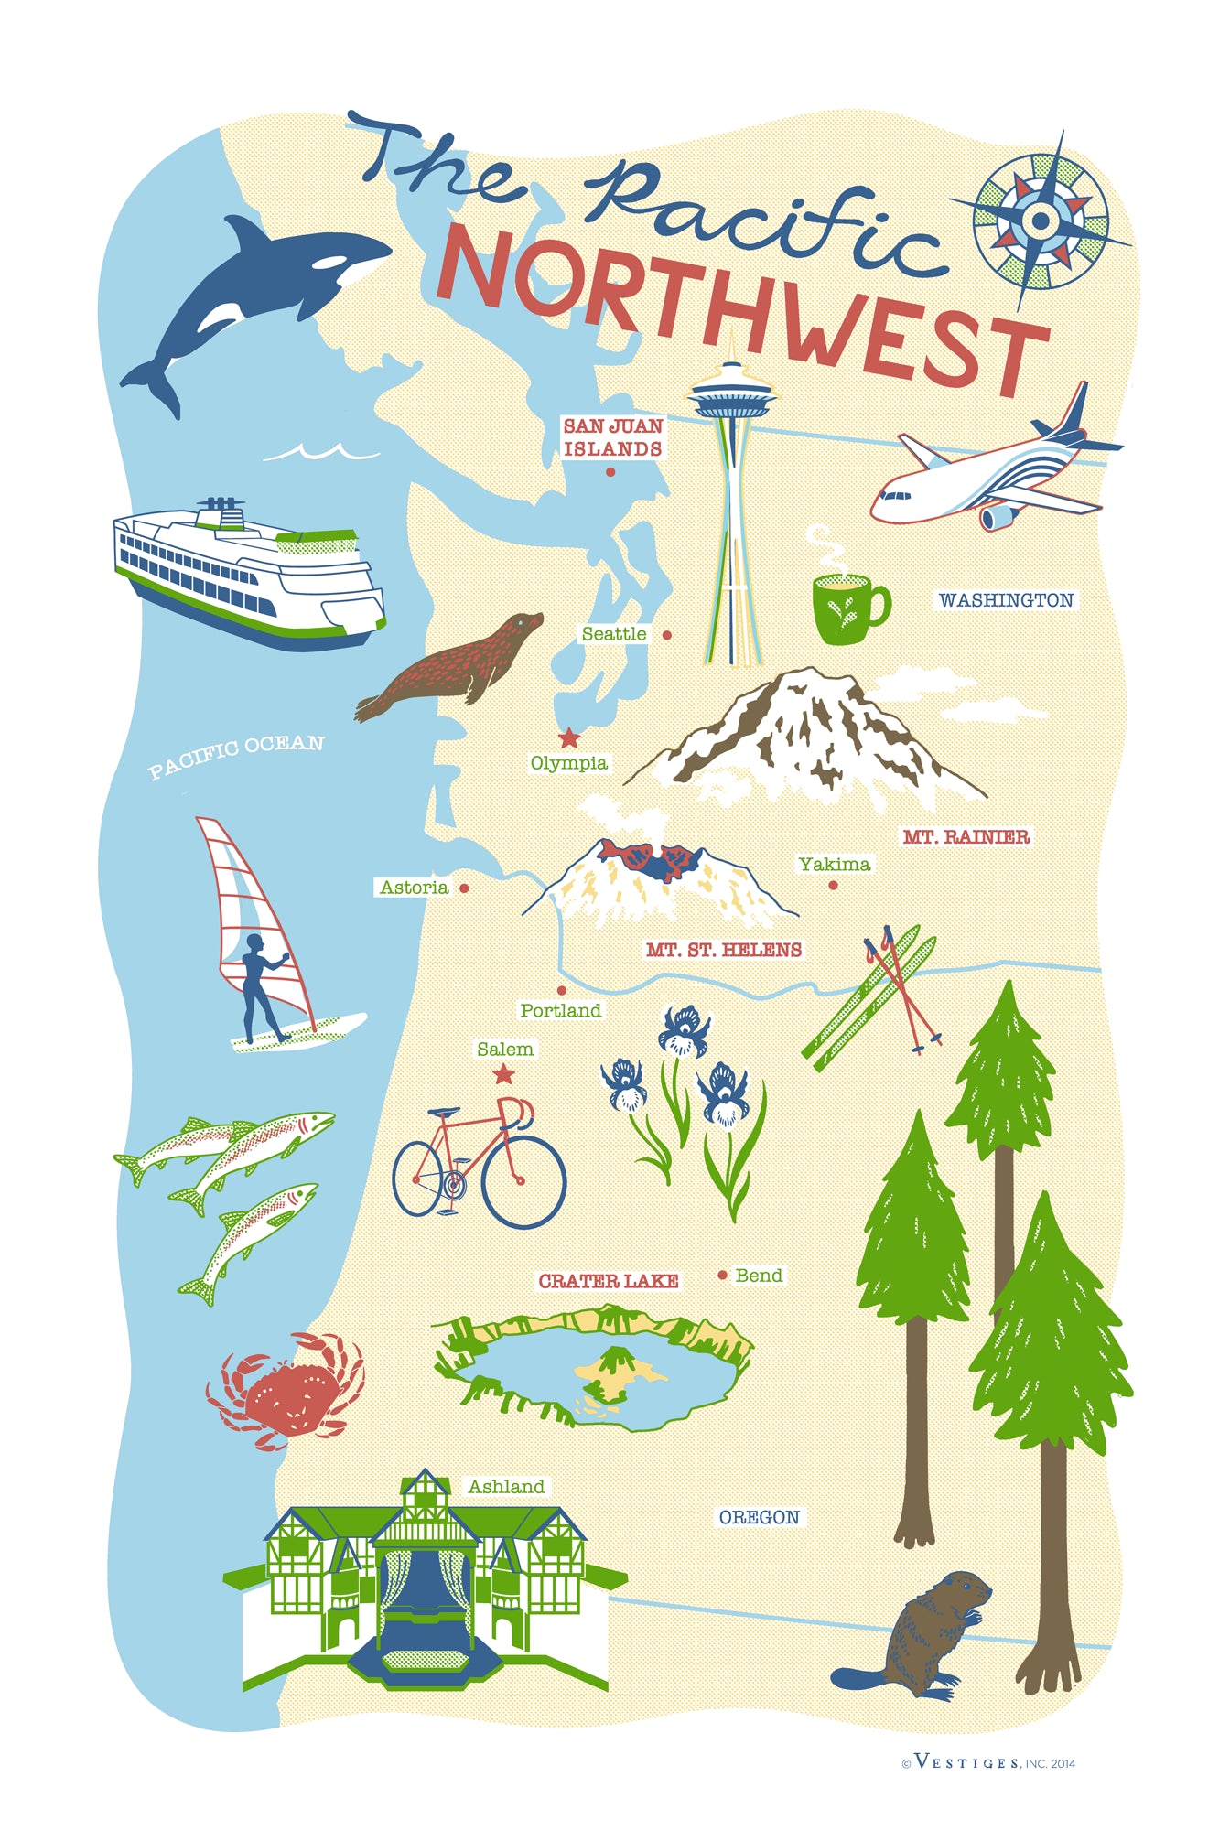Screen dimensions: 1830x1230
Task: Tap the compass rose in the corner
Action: (x=1040, y=221)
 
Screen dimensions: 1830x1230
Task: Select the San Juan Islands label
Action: (x=612, y=437)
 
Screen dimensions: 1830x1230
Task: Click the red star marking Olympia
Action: (x=569, y=737)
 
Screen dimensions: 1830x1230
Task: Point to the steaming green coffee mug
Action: (x=846, y=606)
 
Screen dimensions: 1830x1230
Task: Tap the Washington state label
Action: (x=1006, y=600)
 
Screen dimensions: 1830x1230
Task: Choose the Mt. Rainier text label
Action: (x=966, y=836)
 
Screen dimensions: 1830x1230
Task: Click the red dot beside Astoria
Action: (x=464, y=888)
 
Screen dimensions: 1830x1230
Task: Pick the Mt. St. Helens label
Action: (x=723, y=950)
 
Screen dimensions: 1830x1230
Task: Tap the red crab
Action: (x=286, y=1392)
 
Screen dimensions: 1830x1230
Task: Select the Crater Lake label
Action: (x=608, y=1281)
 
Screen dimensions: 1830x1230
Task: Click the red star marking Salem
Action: (x=503, y=1074)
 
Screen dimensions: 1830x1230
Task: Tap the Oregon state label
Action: (x=759, y=1517)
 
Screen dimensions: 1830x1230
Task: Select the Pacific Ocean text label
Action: (x=236, y=756)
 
